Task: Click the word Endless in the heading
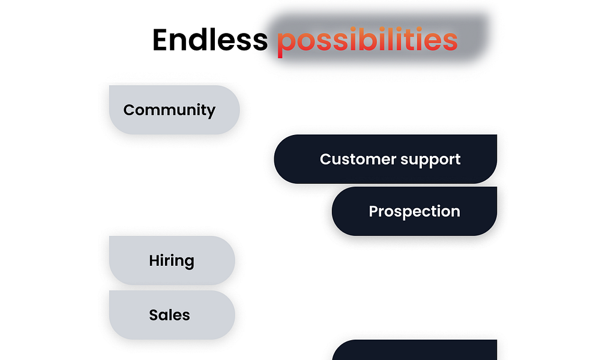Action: pyautogui.click(x=210, y=40)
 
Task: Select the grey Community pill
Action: pyautogui.click(x=174, y=110)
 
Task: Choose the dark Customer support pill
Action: pyautogui.click(x=385, y=159)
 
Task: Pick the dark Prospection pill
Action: pyautogui.click(x=415, y=211)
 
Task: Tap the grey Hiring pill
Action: pyautogui.click(x=172, y=260)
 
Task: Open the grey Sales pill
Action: pyautogui.click(x=172, y=315)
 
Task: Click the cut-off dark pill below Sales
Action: pyautogui.click(x=415, y=350)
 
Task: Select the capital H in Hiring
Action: pyautogui.click(x=154, y=260)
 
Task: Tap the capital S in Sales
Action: pyautogui.click(x=154, y=315)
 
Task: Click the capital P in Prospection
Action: pyautogui.click(x=373, y=211)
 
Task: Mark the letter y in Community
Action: pyautogui.click(x=211, y=112)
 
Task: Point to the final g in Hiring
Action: pyautogui.click(x=189, y=263)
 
